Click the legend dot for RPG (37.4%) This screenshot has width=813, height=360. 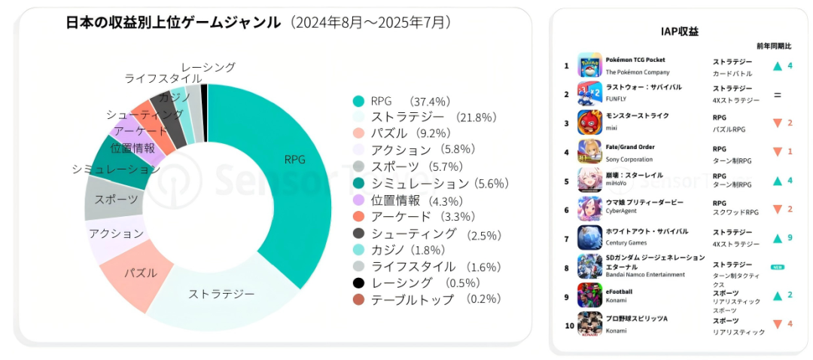click(359, 101)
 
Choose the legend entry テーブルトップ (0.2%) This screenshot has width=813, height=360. click(422, 299)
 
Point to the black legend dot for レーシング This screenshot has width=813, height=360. click(359, 282)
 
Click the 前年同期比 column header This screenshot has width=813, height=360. click(774, 47)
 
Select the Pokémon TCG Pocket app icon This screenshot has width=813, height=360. click(589, 66)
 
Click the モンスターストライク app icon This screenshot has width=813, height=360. click(589, 122)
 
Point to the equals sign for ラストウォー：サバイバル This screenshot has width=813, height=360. click(778, 95)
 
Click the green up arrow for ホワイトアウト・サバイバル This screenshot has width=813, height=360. click(778, 238)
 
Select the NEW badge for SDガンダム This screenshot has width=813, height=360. click(778, 267)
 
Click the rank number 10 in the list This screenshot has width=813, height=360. click(569, 325)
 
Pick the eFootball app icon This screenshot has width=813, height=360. click(589, 295)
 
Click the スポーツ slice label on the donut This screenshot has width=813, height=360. click(116, 200)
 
